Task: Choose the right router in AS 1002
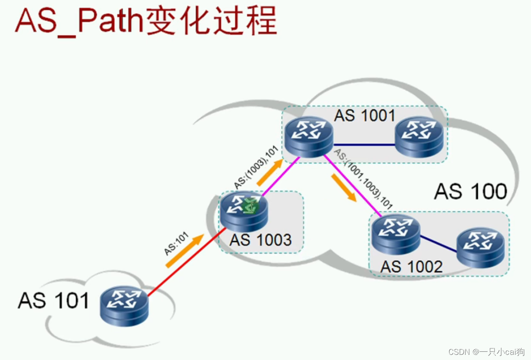click(x=480, y=248)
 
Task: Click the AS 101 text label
click(x=53, y=300)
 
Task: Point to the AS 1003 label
click(x=260, y=240)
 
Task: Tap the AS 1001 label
click(x=364, y=115)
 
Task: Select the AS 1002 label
click(x=411, y=267)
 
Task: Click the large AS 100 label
click(x=470, y=191)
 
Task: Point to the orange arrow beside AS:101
click(x=185, y=251)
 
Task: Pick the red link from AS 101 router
click(x=185, y=264)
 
